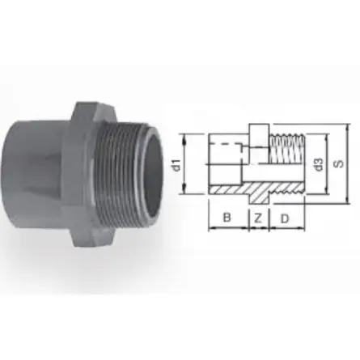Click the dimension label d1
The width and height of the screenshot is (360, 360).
pyautogui.click(x=177, y=165)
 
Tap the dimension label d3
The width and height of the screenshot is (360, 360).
pyautogui.click(x=318, y=164)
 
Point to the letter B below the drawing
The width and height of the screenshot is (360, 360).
pyautogui.click(x=227, y=217)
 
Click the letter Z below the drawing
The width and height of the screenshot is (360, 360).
pyautogui.click(x=258, y=218)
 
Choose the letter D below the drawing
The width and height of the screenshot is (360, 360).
pyautogui.click(x=285, y=218)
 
